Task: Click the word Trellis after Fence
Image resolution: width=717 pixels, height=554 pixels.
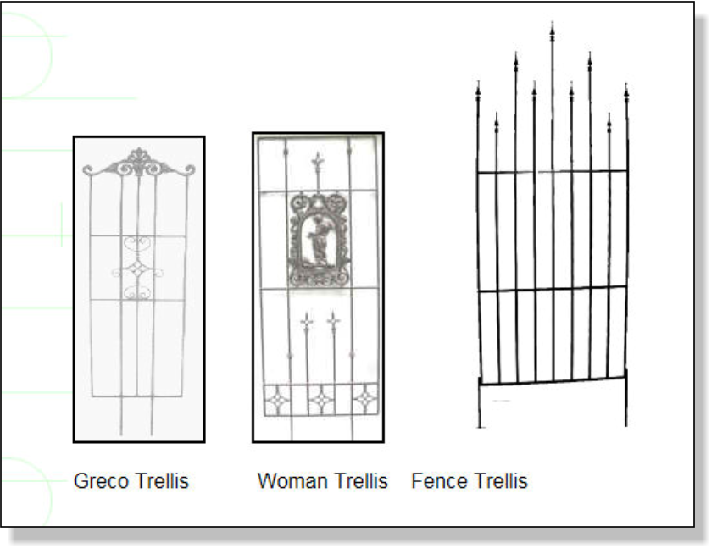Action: tap(500, 481)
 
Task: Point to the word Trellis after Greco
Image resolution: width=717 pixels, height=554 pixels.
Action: tap(163, 481)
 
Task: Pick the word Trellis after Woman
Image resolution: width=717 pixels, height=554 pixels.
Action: tap(361, 481)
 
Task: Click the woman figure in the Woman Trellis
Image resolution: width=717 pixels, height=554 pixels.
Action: tap(319, 241)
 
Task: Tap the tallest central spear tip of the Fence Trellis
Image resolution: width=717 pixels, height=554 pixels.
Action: tap(553, 31)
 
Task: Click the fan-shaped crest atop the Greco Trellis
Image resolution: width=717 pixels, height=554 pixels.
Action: tap(138, 162)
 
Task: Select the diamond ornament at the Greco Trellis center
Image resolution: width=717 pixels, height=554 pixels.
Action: tap(137, 270)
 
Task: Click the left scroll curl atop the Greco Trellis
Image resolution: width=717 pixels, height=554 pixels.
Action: tap(88, 170)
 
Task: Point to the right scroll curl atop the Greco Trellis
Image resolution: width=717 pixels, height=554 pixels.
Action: tap(189, 170)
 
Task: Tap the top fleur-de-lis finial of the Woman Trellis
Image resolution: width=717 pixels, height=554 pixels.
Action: tap(317, 162)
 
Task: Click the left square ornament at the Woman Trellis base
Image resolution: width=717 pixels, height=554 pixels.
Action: tap(277, 400)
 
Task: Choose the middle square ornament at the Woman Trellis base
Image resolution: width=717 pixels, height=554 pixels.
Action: tap(321, 400)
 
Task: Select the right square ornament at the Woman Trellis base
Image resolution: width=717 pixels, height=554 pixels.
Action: tap(365, 399)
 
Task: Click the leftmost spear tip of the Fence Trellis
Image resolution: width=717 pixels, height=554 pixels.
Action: tap(478, 90)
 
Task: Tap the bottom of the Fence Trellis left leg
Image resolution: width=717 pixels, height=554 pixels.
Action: tap(479, 427)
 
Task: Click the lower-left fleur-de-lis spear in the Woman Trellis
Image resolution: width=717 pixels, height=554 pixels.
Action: tap(307, 321)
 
